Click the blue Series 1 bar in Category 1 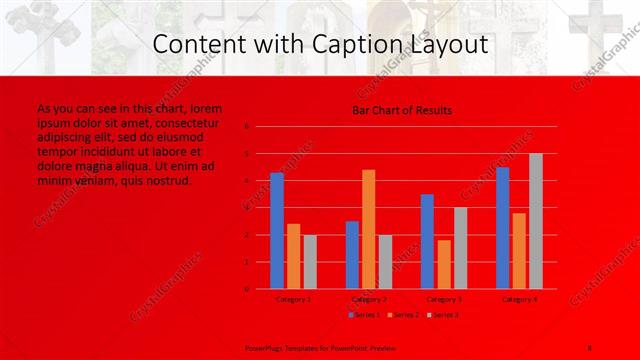(x=277, y=230)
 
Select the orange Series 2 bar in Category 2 (x=369, y=229)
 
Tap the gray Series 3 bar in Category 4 (x=536, y=221)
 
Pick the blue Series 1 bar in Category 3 (x=427, y=241)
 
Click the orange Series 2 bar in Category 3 (x=444, y=264)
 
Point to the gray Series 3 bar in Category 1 (x=310, y=262)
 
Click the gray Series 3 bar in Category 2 (x=385, y=262)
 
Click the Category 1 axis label (x=293, y=299)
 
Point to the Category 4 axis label (x=520, y=299)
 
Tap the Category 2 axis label (x=369, y=299)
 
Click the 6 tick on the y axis (x=246, y=127)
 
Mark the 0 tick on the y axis (x=246, y=289)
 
